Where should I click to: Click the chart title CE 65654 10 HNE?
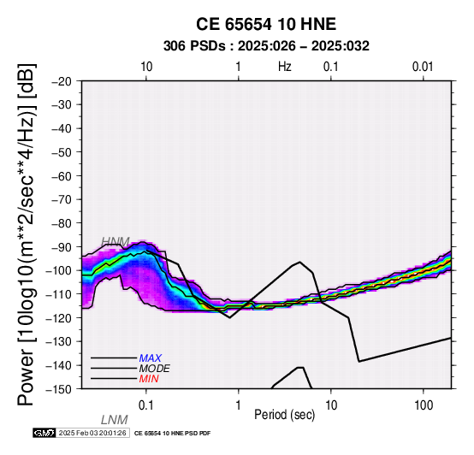(266, 24)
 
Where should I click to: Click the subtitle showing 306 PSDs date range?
(266, 46)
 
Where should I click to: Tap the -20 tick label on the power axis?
(62, 81)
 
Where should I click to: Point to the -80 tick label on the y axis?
(62, 223)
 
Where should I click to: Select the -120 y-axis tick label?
(58, 318)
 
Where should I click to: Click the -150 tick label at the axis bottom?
(58, 389)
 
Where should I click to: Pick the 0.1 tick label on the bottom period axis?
(145, 405)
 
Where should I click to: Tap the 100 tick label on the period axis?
(424, 405)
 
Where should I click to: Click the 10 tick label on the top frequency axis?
(146, 67)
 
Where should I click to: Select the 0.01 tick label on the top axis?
(423, 67)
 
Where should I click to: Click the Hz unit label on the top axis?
(284, 67)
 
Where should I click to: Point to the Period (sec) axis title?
(284, 415)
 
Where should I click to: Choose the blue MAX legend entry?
(151, 358)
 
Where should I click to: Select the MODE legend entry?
(155, 369)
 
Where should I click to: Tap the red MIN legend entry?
(149, 379)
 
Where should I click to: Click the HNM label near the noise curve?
(116, 242)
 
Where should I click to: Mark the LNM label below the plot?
(115, 420)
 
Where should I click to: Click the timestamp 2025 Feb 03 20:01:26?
(92, 433)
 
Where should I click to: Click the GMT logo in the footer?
(44, 433)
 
